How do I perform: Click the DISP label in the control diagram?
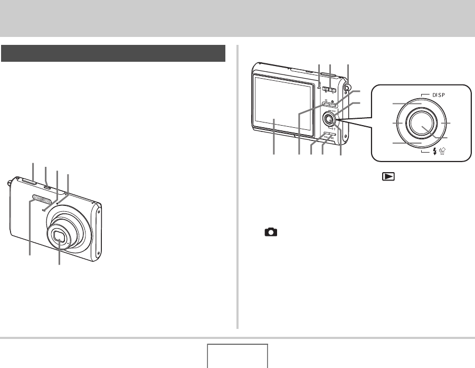(439, 95)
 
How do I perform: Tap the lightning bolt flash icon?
(435, 151)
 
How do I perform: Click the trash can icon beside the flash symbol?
(442, 151)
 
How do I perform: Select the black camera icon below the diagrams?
(271, 232)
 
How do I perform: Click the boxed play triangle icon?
(388, 176)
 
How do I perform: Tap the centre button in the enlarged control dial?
(422, 123)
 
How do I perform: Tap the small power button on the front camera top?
(47, 187)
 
